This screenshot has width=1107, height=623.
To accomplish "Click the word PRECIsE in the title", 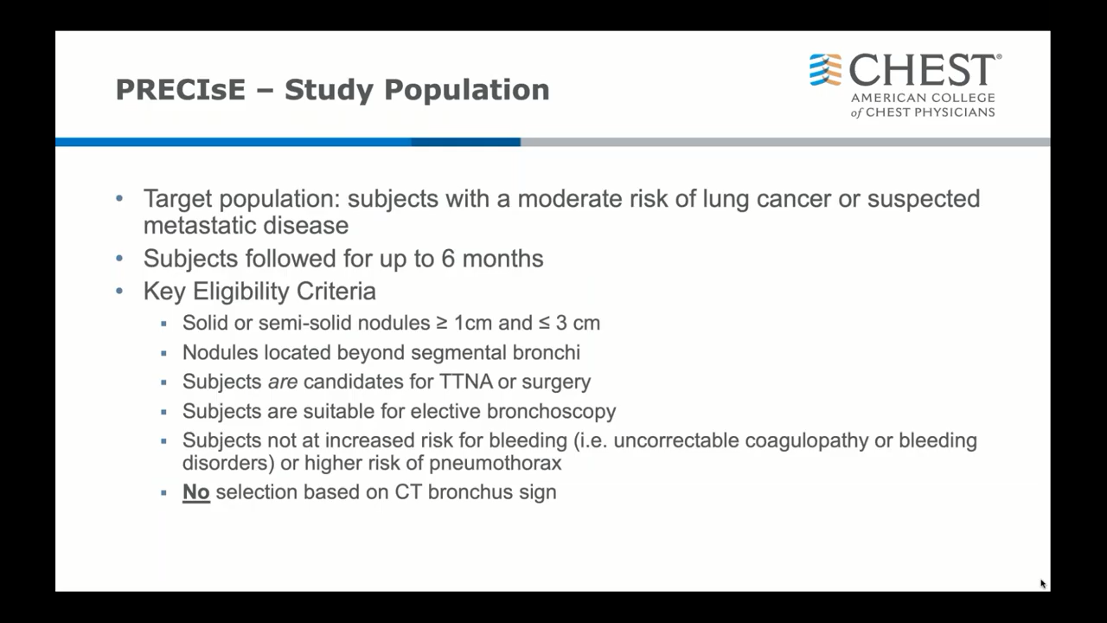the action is pyautogui.click(x=181, y=89).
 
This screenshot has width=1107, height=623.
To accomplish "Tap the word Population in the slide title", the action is pyautogui.click(x=466, y=91).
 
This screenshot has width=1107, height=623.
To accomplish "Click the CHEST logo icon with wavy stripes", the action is pyautogui.click(x=825, y=70).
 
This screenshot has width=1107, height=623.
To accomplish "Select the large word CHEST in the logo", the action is pyautogui.click(x=922, y=70).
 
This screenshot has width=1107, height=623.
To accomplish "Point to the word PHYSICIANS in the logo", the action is pyautogui.click(x=954, y=112).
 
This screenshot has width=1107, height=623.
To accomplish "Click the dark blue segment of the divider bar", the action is pyautogui.click(x=465, y=142).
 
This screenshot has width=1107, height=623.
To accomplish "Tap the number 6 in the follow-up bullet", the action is pyautogui.click(x=448, y=259).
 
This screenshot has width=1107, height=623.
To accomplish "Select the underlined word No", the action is pyautogui.click(x=196, y=492).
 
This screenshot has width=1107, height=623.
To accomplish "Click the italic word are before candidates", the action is pyautogui.click(x=283, y=382).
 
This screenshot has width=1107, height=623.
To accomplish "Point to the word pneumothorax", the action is pyautogui.click(x=496, y=464).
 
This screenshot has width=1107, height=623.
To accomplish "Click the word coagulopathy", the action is pyautogui.click(x=807, y=441).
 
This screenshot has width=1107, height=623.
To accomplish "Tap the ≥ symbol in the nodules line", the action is pyautogui.click(x=442, y=324).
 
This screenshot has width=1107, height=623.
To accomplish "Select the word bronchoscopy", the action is pyautogui.click(x=551, y=411).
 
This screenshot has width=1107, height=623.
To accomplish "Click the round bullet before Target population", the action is pyautogui.click(x=119, y=199).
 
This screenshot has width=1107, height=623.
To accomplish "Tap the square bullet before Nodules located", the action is pyautogui.click(x=163, y=354).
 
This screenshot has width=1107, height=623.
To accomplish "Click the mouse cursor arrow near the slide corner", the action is pyautogui.click(x=1043, y=584).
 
